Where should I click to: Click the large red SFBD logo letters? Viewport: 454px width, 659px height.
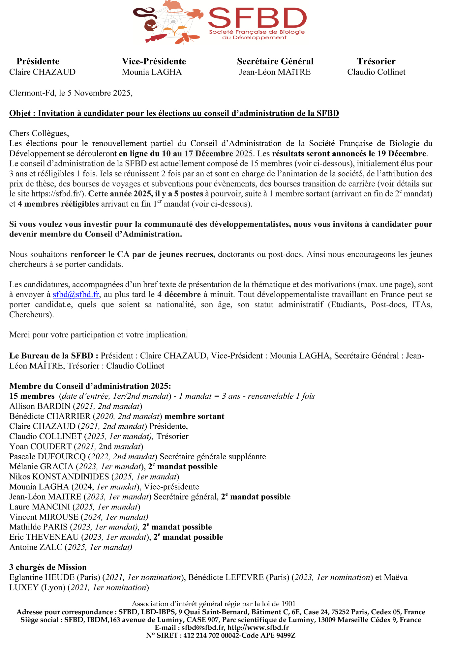point(257,18)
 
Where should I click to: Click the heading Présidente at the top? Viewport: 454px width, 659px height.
point(38,62)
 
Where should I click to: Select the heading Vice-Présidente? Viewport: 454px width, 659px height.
point(154,62)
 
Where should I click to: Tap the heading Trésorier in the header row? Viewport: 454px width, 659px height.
point(376,62)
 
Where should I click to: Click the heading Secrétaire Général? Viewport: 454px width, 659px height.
point(275,62)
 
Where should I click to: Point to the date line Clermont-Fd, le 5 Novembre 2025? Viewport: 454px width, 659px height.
point(71,93)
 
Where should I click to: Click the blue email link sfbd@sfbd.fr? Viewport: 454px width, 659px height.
point(76,295)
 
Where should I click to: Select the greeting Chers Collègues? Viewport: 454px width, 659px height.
point(39,133)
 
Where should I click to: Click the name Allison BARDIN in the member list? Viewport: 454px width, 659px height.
point(40,406)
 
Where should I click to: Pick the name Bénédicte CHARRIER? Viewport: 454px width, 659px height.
point(50,416)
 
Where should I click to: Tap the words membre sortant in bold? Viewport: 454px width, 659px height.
point(195,416)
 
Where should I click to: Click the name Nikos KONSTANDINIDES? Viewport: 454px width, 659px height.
point(59,477)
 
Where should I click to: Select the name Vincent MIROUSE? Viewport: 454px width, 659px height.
point(44,517)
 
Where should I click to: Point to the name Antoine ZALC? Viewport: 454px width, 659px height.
point(36,547)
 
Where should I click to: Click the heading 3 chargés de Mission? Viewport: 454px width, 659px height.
point(48,567)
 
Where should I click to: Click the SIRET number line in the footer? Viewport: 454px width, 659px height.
point(221,636)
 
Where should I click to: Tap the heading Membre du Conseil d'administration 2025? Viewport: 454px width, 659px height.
point(90,386)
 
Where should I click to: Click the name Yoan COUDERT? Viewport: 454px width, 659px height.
point(40,447)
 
